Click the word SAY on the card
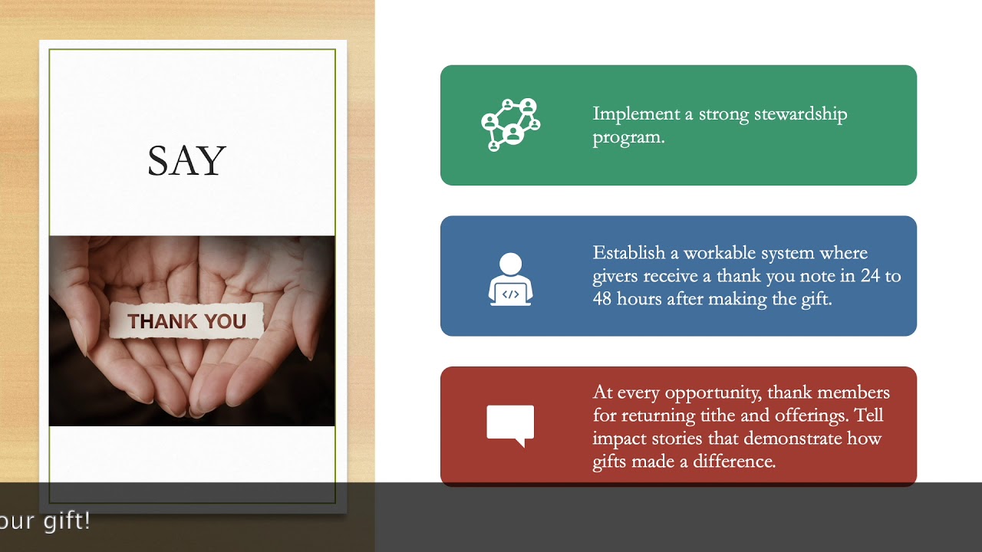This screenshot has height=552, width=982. coord(186,162)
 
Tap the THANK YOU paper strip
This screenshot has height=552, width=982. coord(186,321)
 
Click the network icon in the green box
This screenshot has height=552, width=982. coord(511,125)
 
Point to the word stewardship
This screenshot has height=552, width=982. coord(800,114)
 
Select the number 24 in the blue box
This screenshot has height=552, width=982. coord(870,276)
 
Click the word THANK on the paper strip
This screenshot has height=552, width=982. coord(157,322)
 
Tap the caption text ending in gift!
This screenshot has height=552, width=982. coord(46,521)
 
